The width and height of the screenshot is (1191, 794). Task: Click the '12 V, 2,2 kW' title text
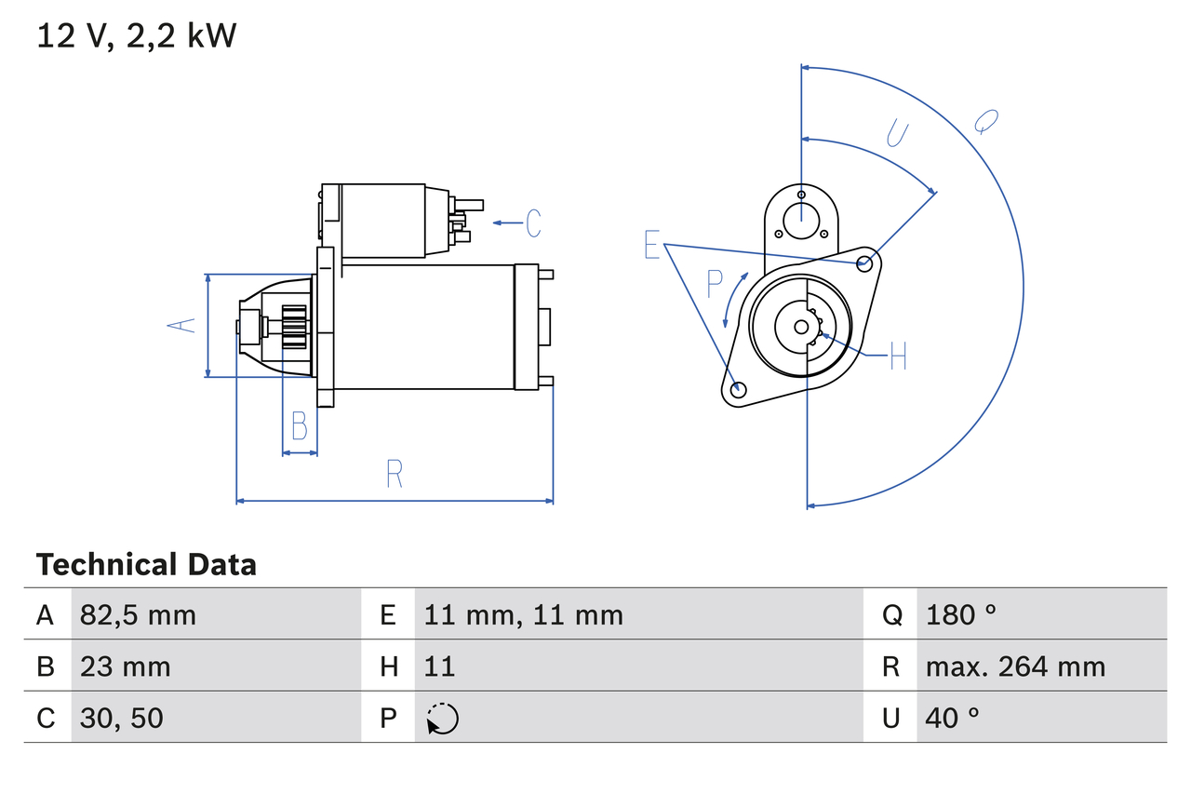(137, 36)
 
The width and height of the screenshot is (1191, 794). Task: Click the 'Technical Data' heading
(146, 565)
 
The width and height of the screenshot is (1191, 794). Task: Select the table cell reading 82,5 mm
(138, 614)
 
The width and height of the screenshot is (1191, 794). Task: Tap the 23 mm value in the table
(125, 666)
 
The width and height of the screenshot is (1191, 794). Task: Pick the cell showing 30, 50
(121, 718)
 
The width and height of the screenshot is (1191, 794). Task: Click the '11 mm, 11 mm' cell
(523, 614)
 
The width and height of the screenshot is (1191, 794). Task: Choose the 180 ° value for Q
(961, 614)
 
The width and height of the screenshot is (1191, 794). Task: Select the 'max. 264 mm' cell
(1015, 666)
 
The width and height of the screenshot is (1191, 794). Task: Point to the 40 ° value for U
(953, 718)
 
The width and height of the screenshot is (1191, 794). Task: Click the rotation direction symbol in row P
(442, 719)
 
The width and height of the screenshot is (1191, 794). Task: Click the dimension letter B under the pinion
(299, 426)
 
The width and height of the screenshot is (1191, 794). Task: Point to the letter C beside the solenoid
(533, 223)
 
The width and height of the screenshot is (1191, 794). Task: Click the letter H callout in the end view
(897, 356)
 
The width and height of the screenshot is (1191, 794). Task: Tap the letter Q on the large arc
(986, 121)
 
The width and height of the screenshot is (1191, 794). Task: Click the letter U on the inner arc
(896, 134)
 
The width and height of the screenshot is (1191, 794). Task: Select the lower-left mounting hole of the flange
(738, 390)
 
